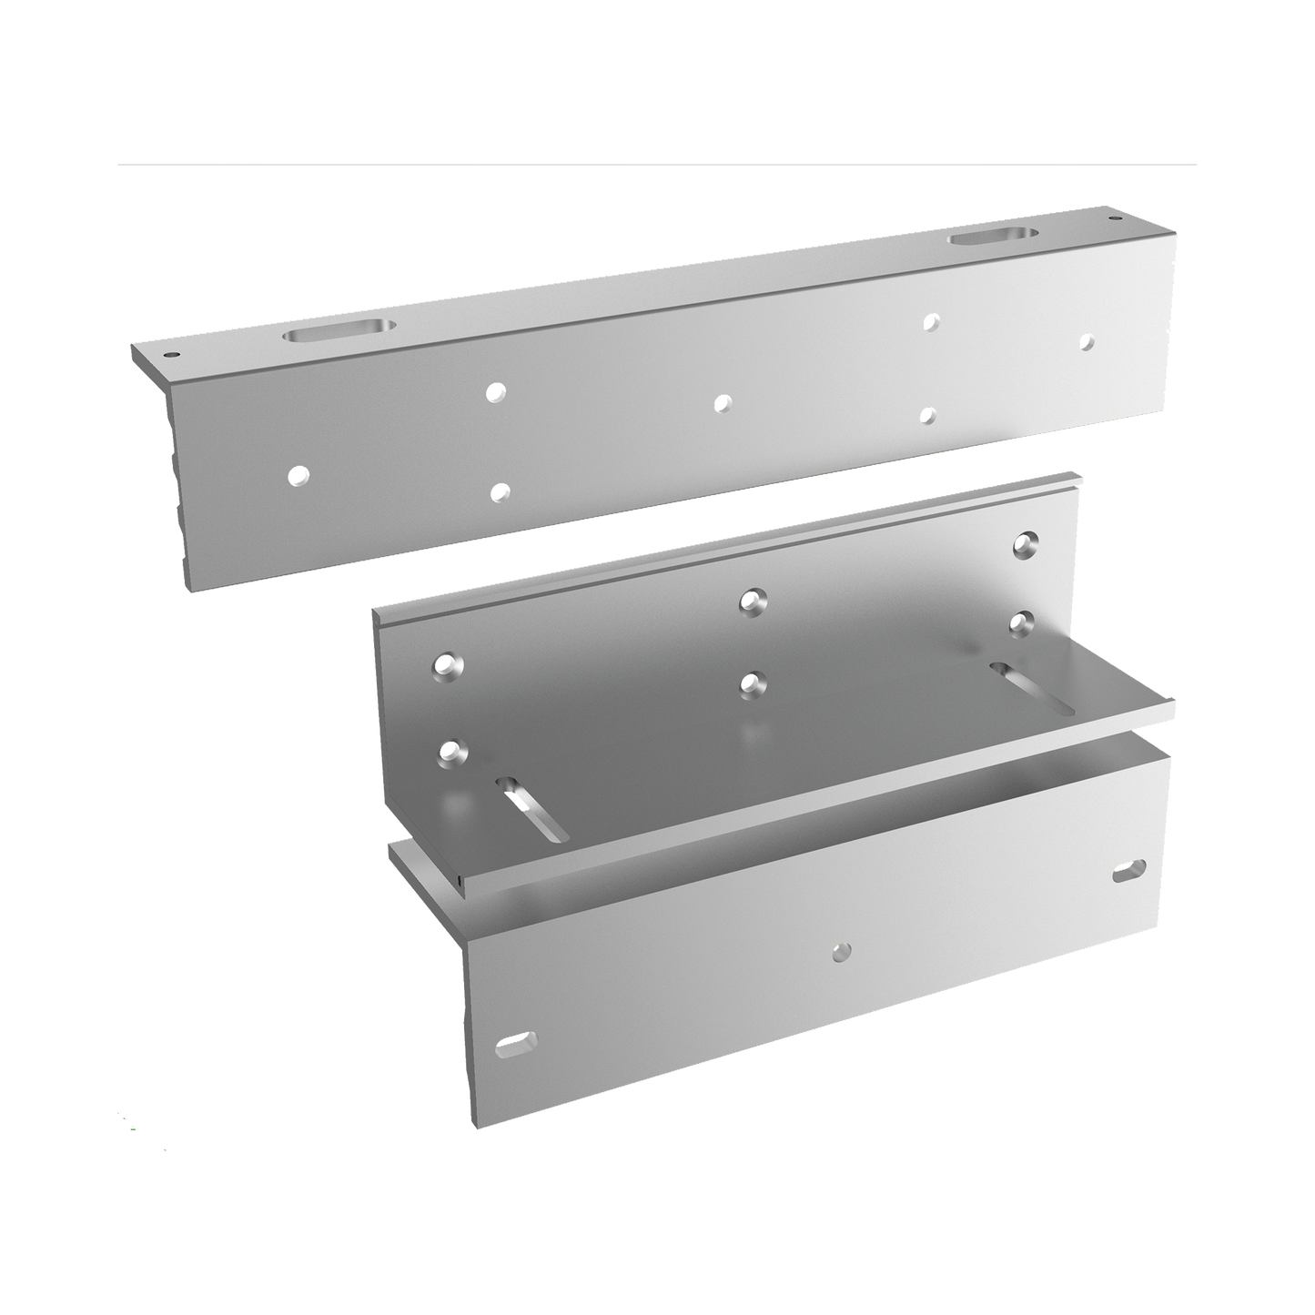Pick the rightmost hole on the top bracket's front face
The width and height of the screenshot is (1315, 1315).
click(x=1085, y=342)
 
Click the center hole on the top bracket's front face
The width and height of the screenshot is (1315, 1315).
click(x=722, y=402)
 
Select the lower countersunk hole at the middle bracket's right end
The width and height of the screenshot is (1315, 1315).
click(x=1025, y=622)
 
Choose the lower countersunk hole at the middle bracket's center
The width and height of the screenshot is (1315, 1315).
click(x=750, y=682)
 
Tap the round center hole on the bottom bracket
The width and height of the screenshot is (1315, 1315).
click(x=842, y=951)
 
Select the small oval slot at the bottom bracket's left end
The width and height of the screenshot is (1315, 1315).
click(x=516, y=1046)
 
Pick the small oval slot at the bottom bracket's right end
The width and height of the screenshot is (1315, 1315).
click(x=1128, y=874)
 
